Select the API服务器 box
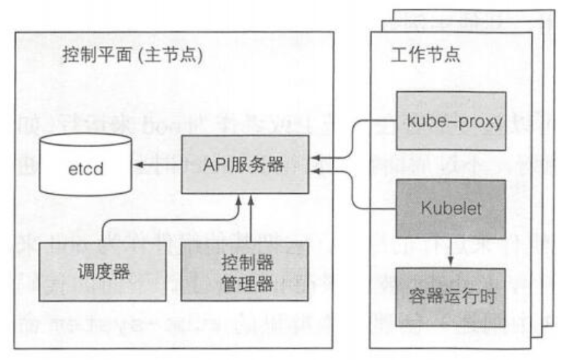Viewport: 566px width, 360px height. [244, 165]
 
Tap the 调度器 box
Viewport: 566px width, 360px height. [102, 273]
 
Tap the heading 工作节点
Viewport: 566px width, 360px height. [415, 55]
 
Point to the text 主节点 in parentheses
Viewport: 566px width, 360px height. [171, 55]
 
